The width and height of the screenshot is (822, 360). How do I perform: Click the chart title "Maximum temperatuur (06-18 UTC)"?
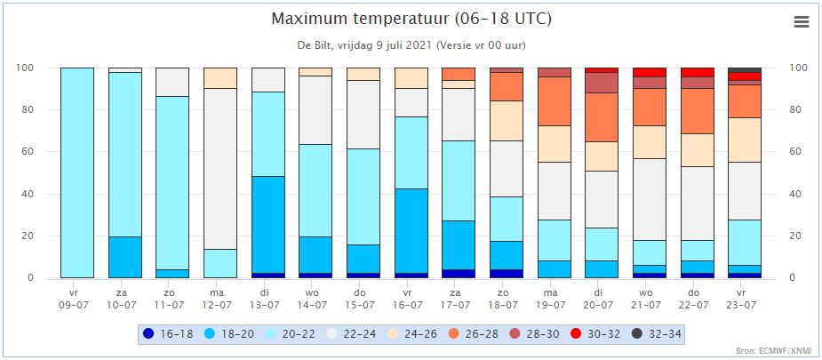411,19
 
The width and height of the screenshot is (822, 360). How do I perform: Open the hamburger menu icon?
802,21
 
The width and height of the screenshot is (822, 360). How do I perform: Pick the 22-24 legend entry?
349,333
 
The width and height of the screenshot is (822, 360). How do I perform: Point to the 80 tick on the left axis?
43,110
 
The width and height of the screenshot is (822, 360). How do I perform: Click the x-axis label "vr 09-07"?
77,298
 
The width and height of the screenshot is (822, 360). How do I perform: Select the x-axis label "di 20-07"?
602,298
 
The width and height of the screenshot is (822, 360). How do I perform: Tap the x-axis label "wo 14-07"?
315,298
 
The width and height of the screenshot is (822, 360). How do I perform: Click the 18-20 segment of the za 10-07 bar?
124,257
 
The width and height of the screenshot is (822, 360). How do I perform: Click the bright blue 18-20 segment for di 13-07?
267,225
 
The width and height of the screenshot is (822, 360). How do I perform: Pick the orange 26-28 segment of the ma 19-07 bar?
555,101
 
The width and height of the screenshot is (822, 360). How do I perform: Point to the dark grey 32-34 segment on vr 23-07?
745,70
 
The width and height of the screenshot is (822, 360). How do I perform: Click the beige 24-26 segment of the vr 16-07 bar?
411,78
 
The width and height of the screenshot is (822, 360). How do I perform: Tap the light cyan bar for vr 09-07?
77,173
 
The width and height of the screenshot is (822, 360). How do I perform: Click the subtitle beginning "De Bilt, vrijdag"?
411,45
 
